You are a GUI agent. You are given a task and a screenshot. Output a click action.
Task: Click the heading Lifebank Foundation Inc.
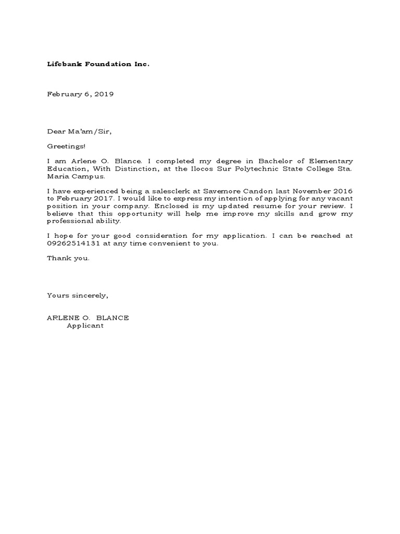pyautogui.click(x=98, y=64)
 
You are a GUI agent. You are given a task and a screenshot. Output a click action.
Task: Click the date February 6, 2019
pyautogui.click(x=80, y=94)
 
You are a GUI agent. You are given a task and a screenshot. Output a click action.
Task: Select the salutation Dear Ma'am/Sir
pyautogui.click(x=80, y=132)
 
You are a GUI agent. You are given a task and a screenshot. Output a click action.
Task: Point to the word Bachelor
pyautogui.click(x=275, y=162)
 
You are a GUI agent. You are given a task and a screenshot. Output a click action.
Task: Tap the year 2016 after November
pyautogui.click(x=342, y=192)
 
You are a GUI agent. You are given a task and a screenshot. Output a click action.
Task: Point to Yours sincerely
pyautogui.click(x=78, y=296)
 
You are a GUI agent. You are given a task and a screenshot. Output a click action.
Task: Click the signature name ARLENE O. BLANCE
pyautogui.click(x=88, y=318)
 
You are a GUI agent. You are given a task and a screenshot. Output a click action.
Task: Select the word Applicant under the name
pyautogui.click(x=85, y=326)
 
